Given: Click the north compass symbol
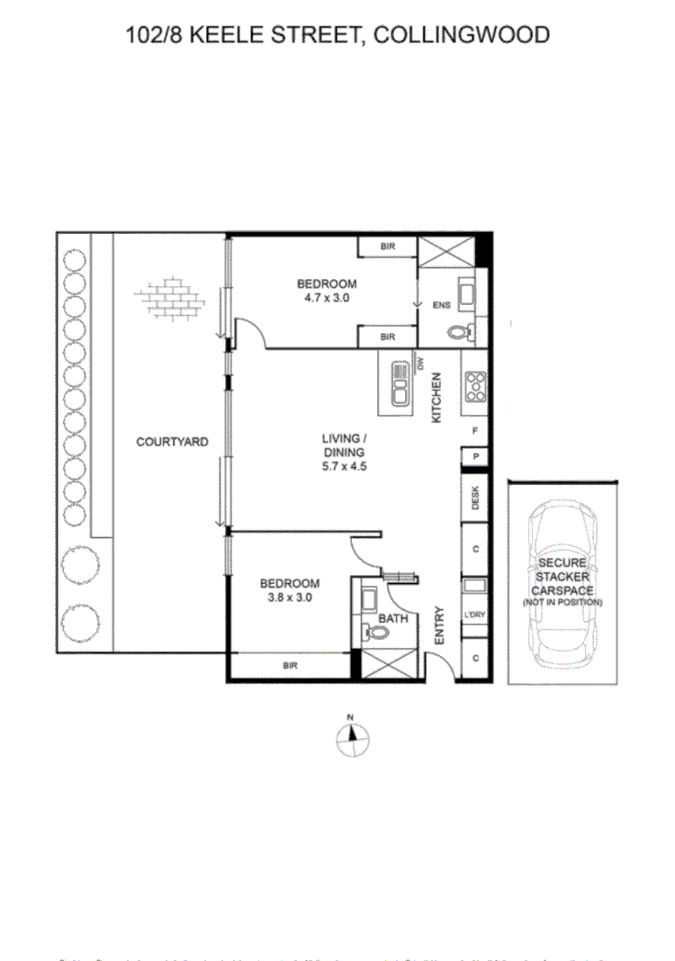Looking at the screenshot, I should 352,737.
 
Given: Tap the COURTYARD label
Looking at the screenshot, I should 172,442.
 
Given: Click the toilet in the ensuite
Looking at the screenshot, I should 459,331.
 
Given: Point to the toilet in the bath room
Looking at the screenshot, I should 376,633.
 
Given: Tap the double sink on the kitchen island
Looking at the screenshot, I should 400,382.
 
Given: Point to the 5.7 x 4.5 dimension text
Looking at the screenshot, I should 346,466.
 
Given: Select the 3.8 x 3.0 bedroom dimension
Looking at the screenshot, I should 289,597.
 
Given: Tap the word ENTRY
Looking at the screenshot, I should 440,624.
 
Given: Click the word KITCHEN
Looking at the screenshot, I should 436,399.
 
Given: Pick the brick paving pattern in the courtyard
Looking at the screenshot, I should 167,300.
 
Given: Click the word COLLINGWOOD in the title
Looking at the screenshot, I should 460,35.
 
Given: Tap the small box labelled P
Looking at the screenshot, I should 474,458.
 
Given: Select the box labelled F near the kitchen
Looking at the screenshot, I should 474,431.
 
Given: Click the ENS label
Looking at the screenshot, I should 441,305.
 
